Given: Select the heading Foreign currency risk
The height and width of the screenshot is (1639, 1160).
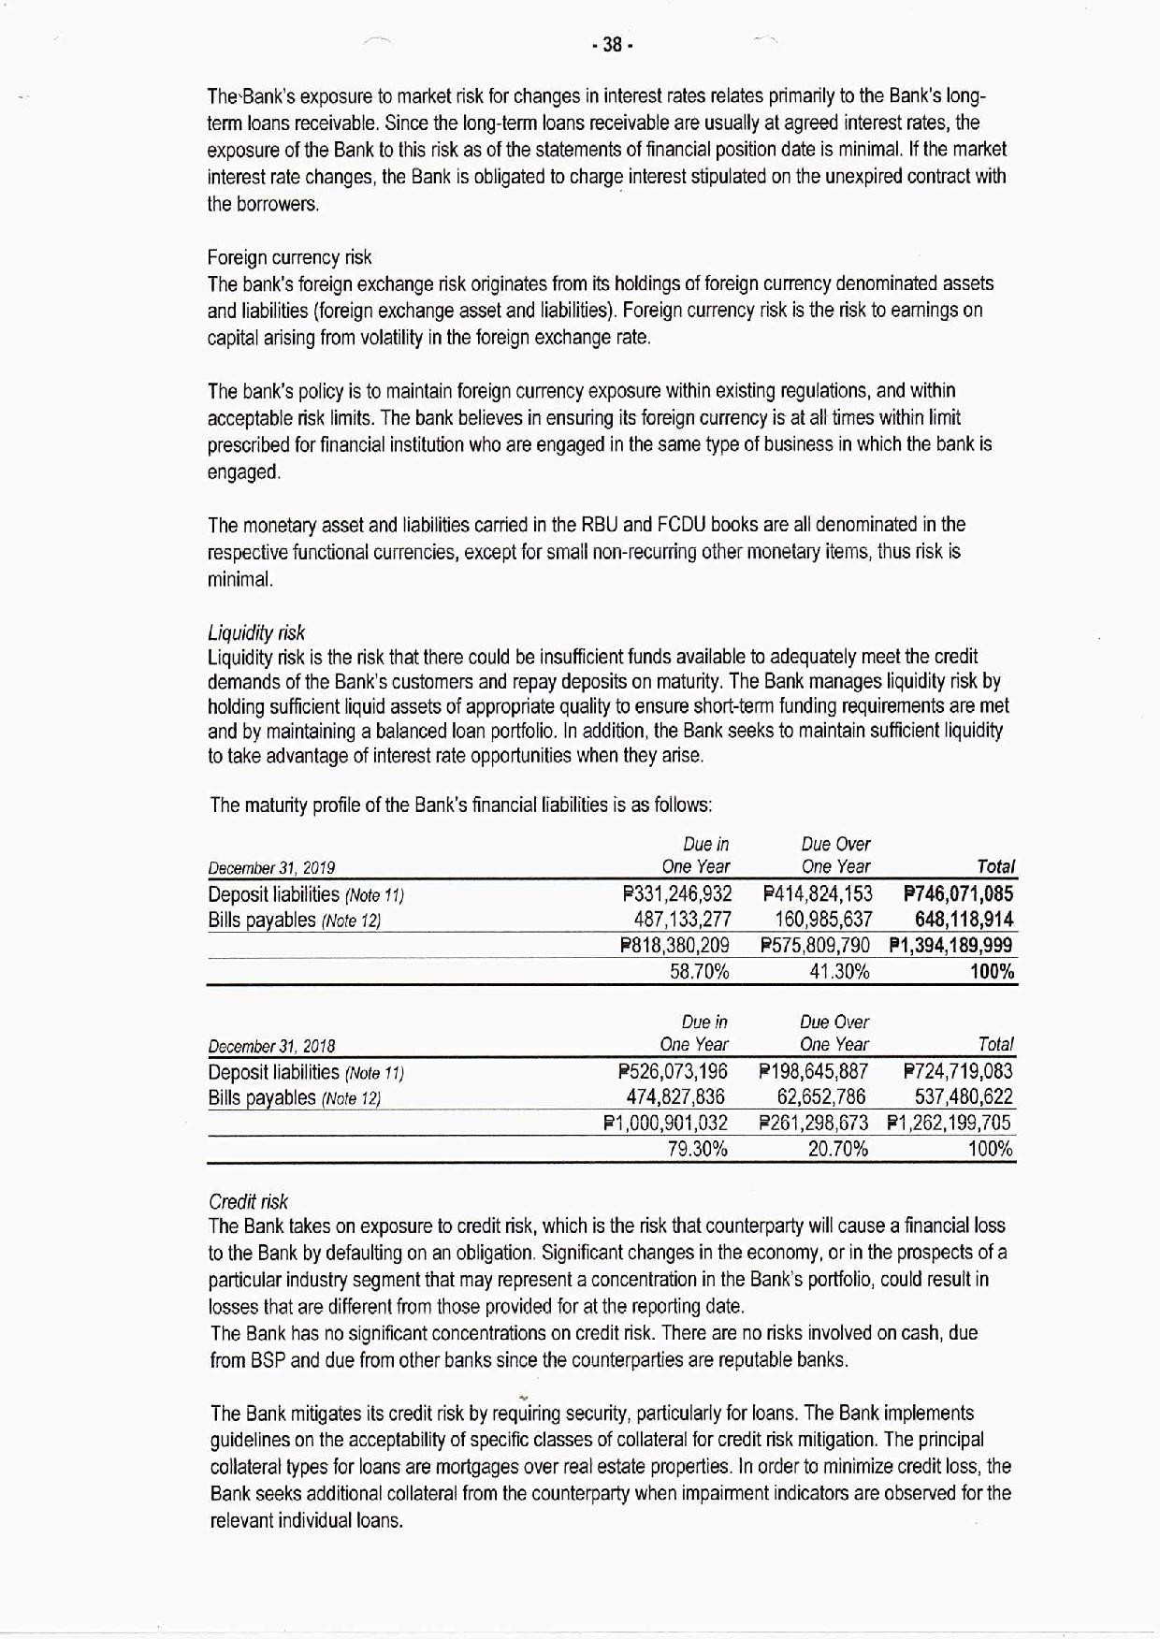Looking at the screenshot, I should pyautogui.click(x=289, y=257).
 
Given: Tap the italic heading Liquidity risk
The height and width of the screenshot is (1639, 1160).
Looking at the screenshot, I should pyautogui.click(x=256, y=632).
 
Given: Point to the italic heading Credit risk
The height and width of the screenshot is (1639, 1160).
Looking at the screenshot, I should pyautogui.click(x=248, y=1201).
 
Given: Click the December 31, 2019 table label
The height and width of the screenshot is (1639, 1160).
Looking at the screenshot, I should pyautogui.click(x=271, y=868).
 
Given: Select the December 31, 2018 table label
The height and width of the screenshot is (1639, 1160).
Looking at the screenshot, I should pyautogui.click(x=271, y=1046).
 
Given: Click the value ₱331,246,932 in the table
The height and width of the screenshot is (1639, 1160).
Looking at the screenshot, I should pyautogui.click(x=676, y=894).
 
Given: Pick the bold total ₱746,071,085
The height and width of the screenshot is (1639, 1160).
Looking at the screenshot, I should pyautogui.click(x=959, y=894).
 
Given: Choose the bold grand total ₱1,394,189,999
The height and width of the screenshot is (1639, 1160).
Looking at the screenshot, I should pyautogui.click(x=950, y=946).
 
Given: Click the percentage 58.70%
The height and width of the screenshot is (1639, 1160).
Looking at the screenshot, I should pyautogui.click(x=700, y=972).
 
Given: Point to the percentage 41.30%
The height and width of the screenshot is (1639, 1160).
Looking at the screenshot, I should pyautogui.click(x=839, y=972).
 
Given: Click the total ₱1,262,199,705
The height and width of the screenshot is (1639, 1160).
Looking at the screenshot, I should pyautogui.click(x=949, y=1123).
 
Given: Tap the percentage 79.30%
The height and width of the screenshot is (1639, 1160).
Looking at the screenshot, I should pyautogui.click(x=698, y=1149).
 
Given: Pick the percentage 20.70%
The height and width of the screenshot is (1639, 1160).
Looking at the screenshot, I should pyautogui.click(x=838, y=1149).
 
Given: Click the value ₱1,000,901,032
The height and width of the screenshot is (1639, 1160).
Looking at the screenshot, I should pyautogui.click(x=665, y=1123).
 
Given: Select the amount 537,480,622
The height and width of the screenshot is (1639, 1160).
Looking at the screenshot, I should pyautogui.click(x=961, y=1096).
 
